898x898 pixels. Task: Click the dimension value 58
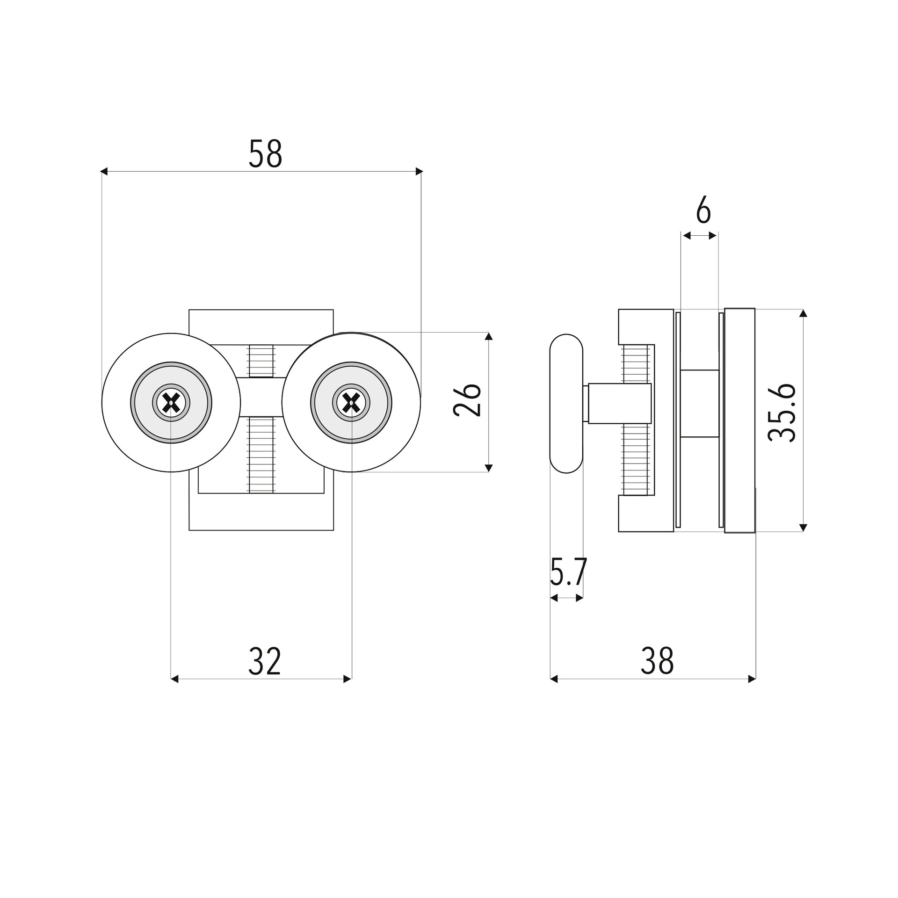(265, 154)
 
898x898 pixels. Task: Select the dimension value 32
(265, 661)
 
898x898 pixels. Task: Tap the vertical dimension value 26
(467, 400)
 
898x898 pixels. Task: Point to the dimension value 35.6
(782, 413)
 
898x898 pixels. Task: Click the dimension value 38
(657, 661)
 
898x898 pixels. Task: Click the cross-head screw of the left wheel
(171, 403)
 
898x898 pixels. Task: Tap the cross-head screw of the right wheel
(351, 403)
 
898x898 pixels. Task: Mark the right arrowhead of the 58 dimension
(419, 172)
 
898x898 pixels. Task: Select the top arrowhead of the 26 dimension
(489, 336)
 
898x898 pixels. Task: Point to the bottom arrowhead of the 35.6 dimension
(804, 528)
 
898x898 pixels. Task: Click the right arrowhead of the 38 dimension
(752, 679)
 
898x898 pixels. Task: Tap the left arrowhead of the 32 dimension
(174, 679)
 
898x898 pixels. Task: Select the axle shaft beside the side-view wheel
(619, 403)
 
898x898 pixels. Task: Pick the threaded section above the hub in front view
(261, 361)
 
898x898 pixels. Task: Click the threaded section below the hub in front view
(261, 455)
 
